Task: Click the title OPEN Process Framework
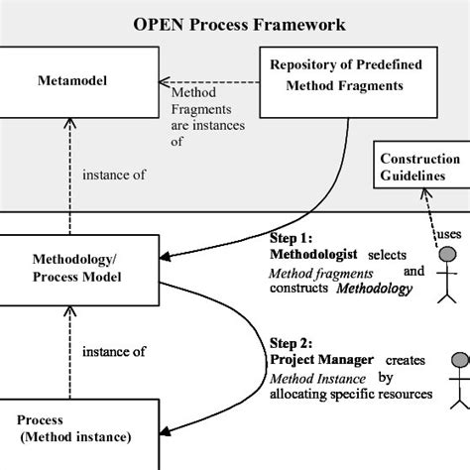[236, 22]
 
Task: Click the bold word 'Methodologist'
[314, 254]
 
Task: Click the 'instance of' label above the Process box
[114, 351]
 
